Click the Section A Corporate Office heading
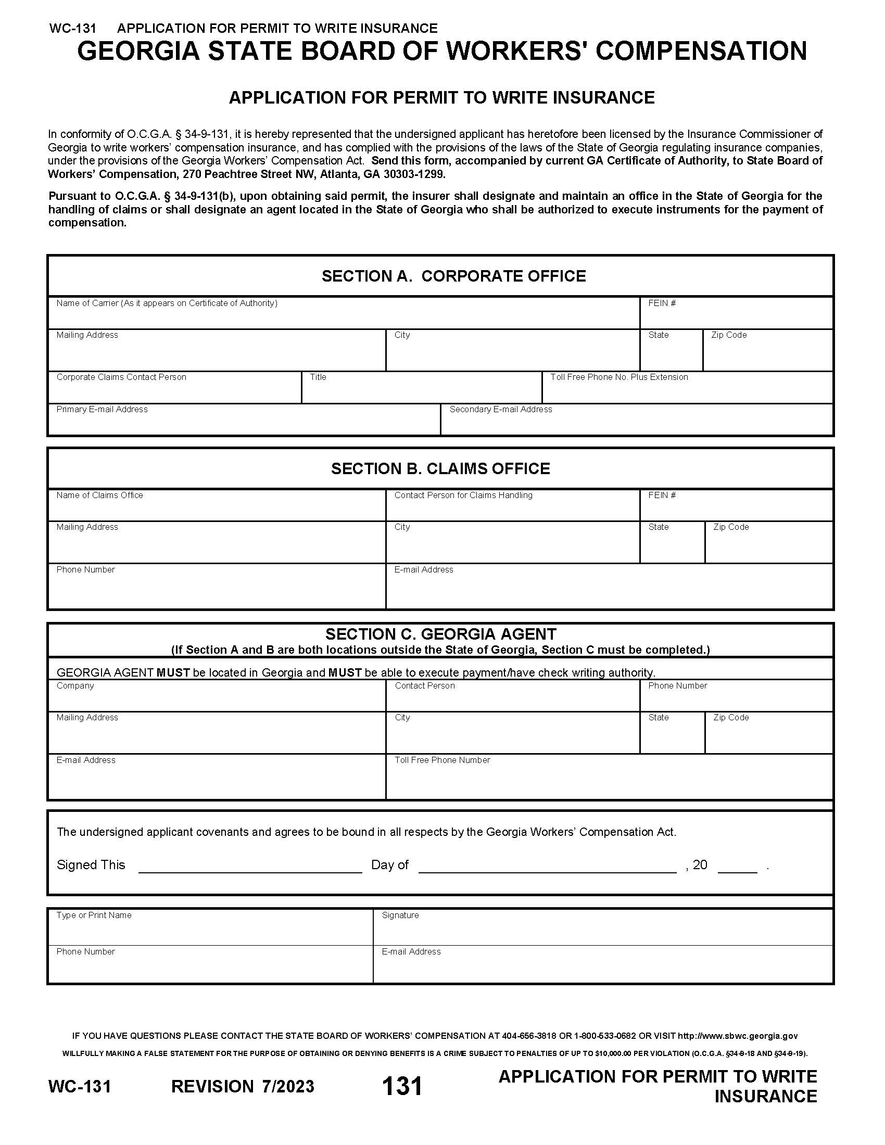pyautogui.click(x=453, y=276)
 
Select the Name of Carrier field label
pyautogui.click(x=167, y=303)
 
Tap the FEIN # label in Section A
pyautogui.click(x=662, y=303)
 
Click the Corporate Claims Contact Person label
pyautogui.click(x=121, y=377)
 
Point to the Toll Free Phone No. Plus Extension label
pyautogui.click(x=618, y=377)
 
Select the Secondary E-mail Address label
pyautogui.click(x=500, y=409)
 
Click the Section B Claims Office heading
pyautogui.click(x=440, y=469)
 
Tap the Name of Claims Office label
pyautogui.click(x=99, y=495)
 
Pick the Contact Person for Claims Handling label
pyautogui.click(x=463, y=495)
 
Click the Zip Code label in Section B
pyautogui.click(x=730, y=527)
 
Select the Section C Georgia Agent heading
pyautogui.click(x=440, y=634)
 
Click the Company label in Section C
pyautogui.click(x=75, y=685)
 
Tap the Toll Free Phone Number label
pyautogui.click(x=442, y=760)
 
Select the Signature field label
pyautogui.click(x=400, y=915)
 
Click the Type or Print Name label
pyautogui.click(x=94, y=915)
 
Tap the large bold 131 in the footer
pyautogui.click(x=402, y=1086)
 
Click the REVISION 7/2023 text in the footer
pyautogui.click(x=243, y=1086)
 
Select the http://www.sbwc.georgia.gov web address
pyautogui.click(x=738, y=1035)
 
